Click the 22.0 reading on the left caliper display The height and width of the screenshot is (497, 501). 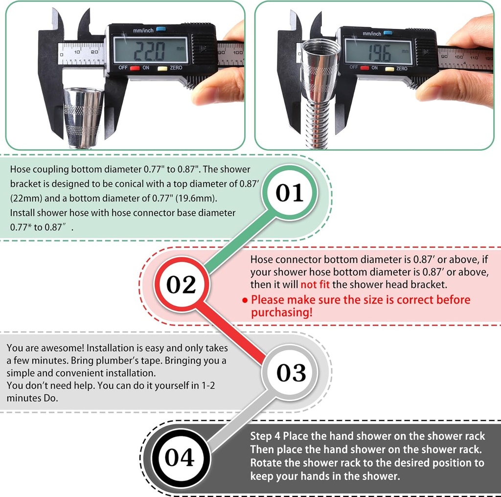(149, 51)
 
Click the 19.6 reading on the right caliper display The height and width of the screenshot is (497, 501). (379, 54)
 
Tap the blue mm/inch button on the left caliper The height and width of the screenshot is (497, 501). (161, 29)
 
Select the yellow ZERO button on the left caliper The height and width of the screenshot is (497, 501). (162, 68)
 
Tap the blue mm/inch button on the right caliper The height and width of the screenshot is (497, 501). (387, 33)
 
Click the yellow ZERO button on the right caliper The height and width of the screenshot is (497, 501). (389, 68)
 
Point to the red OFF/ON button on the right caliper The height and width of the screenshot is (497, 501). (364, 68)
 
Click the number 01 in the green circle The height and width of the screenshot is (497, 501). (290, 193)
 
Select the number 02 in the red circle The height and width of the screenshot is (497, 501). (181, 284)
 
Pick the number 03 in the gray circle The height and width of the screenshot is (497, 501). (291, 372)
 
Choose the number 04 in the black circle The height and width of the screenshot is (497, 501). (180, 457)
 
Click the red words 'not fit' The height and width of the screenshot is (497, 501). (315, 284)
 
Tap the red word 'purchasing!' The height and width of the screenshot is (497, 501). (281, 313)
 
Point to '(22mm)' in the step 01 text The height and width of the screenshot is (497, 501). (26, 198)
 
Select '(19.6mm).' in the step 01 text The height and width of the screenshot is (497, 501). (196, 198)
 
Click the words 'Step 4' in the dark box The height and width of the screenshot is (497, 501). (265, 436)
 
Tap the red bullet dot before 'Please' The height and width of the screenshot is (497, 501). (245, 300)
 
